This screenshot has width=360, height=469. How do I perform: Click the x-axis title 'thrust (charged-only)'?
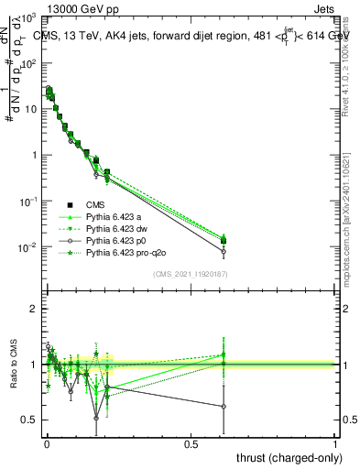click(283, 458)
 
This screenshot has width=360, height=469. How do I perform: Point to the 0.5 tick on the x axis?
click(191, 444)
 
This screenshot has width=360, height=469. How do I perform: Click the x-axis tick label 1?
click(336, 444)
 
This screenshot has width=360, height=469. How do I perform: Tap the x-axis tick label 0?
click(47, 444)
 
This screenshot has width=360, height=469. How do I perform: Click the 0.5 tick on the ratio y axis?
click(29, 420)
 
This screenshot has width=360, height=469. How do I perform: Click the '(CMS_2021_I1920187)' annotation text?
click(191, 274)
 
